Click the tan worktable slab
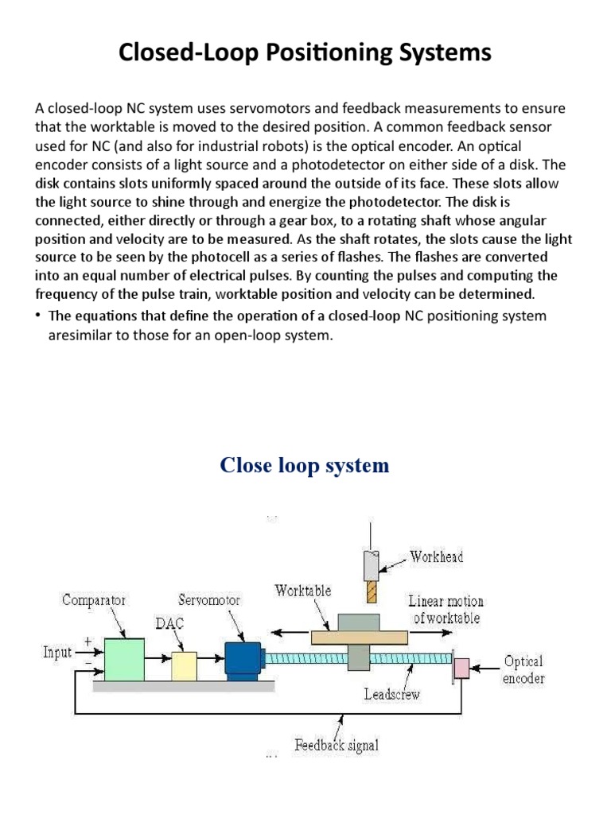click(360, 637)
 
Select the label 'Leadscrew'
click(391, 693)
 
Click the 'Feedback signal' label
click(337, 745)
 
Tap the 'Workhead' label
click(437, 556)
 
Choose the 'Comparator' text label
click(95, 600)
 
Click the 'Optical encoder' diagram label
click(523, 669)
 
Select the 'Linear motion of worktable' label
click(446, 609)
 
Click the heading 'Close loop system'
click(305, 465)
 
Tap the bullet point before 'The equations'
click(37, 316)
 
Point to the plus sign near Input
click(88, 640)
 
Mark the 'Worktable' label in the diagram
click(302, 591)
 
